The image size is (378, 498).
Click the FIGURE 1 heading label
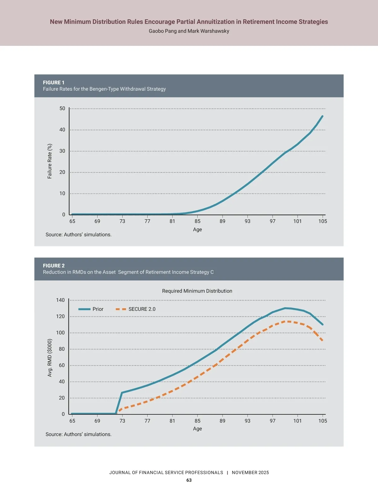[54, 82]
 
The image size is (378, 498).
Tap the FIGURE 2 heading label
[54, 266]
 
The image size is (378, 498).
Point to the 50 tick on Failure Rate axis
[62, 109]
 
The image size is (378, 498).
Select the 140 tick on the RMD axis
[60, 300]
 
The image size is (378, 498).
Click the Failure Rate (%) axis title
[49, 161]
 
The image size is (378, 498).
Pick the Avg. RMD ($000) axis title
[49, 358]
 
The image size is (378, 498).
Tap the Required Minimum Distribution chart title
[197, 291]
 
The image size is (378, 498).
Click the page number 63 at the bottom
[189, 480]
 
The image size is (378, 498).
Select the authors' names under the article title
[189, 31]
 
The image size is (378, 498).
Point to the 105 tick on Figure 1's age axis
[323, 221]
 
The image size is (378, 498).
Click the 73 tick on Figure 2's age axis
[122, 421]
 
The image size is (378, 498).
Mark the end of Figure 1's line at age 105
[322, 116]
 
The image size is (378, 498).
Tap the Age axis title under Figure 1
[198, 229]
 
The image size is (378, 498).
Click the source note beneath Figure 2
[78, 434]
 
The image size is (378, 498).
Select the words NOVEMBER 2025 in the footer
[250, 473]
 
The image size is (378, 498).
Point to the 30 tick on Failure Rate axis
[62, 151]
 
